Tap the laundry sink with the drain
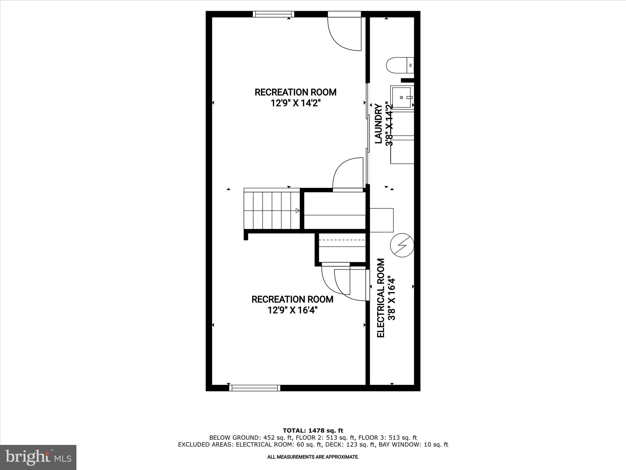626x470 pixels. (402, 97)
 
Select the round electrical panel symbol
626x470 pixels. (402, 245)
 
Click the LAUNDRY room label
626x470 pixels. (379, 124)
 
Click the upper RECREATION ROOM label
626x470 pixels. (296, 92)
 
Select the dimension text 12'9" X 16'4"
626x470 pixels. (293, 311)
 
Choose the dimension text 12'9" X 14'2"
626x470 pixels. (296, 103)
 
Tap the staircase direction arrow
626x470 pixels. (297, 210)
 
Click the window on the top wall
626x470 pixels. (274, 14)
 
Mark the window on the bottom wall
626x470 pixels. (255, 388)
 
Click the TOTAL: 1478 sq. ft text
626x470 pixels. (313, 431)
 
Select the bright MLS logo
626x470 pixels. (38, 457)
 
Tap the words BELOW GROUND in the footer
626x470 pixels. (234, 438)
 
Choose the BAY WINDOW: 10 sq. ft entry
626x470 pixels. (413, 445)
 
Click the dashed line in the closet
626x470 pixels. (342, 240)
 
